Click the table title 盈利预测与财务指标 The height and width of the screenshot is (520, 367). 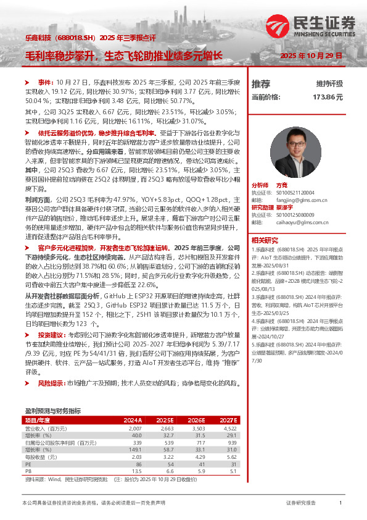52,410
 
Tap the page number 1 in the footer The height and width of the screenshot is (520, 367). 340,504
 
